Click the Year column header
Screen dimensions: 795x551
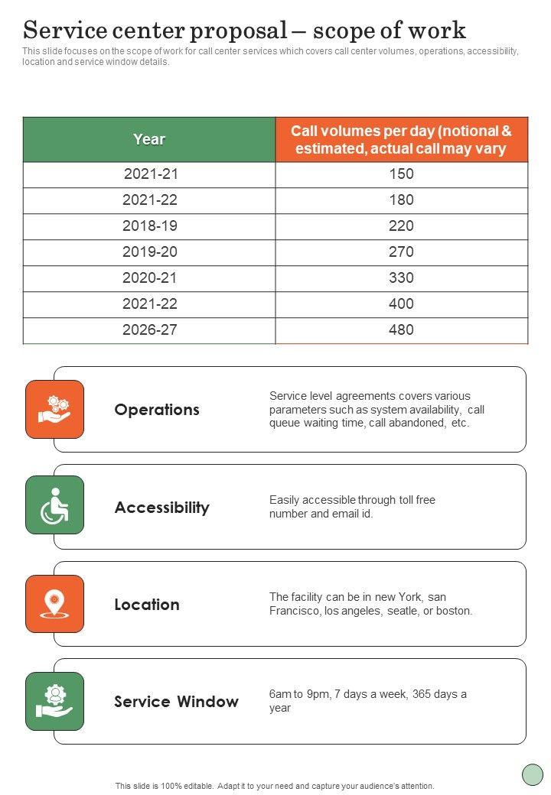pyautogui.click(x=149, y=139)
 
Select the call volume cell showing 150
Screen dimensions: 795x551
pyautogui.click(x=401, y=174)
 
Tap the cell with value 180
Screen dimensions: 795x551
pyautogui.click(x=401, y=200)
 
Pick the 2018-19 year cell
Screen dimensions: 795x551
pyautogui.click(x=150, y=226)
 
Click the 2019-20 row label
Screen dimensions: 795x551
pyautogui.click(x=150, y=252)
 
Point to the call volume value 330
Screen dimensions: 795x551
pyautogui.click(x=401, y=278)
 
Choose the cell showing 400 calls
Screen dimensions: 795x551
pyautogui.click(x=401, y=304)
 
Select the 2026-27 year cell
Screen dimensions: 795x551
pyautogui.click(x=150, y=330)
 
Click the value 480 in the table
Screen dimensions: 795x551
pyautogui.click(x=401, y=330)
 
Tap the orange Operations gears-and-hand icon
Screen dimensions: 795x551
pyautogui.click(x=55, y=409)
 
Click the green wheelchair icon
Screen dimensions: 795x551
pyautogui.click(x=55, y=505)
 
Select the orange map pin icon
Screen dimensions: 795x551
pyautogui.click(x=55, y=604)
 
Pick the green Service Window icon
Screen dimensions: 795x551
pyautogui.click(x=55, y=701)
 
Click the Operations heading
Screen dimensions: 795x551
pyautogui.click(x=157, y=410)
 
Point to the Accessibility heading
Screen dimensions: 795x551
pyautogui.click(x=161, y=508)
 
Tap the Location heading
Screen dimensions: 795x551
pyautogui.click(x=147, y=605)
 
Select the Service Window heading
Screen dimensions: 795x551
pyautogui.click(x=176, y=702)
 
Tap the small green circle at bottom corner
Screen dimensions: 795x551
pyautogui.click(x=533, y=774)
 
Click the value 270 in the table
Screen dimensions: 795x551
pyautogui.click(x=401, y=252)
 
